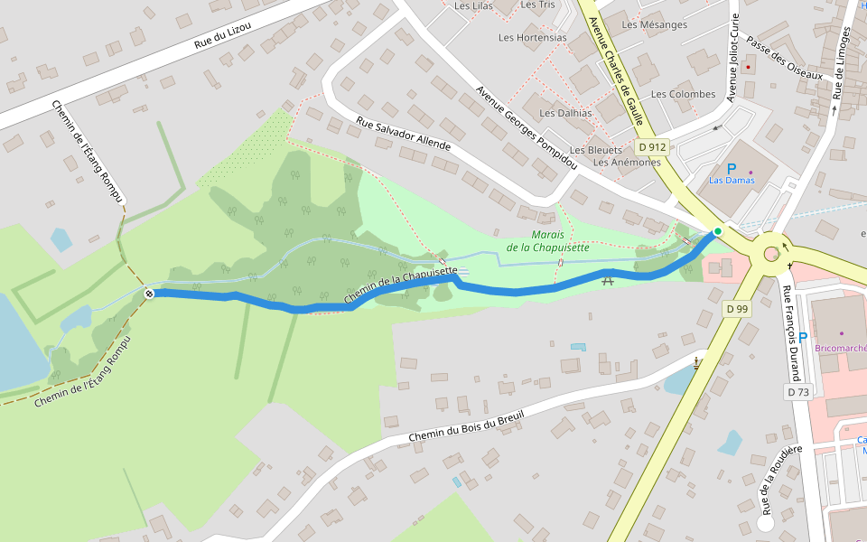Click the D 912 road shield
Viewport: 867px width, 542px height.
pos(651,147)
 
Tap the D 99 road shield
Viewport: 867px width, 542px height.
pos(737,309)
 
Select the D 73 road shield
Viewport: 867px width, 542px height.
pos(797,392)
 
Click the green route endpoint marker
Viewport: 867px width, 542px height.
pos(717,232)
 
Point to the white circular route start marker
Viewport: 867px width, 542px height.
pos(149,293)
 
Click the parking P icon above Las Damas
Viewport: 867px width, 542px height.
pos(732,168)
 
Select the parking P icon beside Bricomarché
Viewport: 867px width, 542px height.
pos(803,337)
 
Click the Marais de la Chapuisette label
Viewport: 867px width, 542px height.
pos(547,240)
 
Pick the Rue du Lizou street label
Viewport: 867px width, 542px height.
pos(223,37)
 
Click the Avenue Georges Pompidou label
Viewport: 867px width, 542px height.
pos(526,127)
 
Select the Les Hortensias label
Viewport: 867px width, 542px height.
pos(533,38)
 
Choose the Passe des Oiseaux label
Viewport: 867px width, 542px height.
pos(785,60)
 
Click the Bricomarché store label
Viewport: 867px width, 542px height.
pos(841,348)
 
